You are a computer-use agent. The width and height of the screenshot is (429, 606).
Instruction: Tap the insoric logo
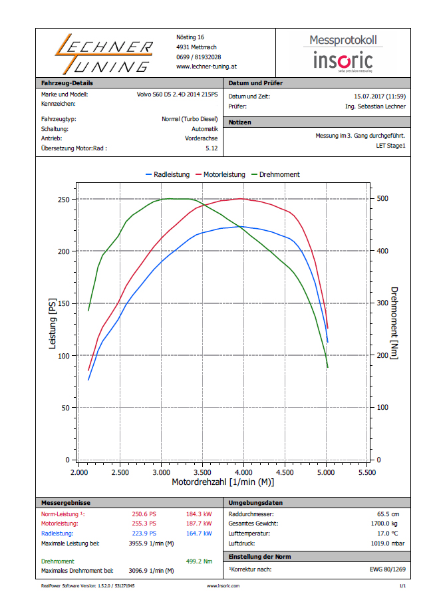(343, 61)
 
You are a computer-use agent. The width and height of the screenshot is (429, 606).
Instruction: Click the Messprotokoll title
(343, 40)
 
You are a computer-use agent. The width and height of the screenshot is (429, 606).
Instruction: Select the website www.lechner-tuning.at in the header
(207, 67)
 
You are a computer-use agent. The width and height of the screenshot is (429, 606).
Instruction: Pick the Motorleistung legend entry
(220, 174)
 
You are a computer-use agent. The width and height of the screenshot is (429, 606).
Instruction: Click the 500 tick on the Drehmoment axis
(383, 199)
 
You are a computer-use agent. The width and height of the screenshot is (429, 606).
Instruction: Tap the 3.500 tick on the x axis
(203, 472)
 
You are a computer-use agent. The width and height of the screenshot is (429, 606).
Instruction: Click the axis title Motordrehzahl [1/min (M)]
(223, 482)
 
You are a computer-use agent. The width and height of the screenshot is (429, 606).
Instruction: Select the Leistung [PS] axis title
(53, 325)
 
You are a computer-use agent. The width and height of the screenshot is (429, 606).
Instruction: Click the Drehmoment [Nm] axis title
(394, 323)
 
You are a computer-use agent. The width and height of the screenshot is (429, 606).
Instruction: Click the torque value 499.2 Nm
(199, 561)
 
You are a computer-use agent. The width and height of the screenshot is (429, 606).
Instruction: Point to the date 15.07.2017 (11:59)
(379, 96)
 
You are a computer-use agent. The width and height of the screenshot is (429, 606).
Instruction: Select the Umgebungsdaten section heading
(255, 503)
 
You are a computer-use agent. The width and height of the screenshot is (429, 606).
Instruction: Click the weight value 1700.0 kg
(388, 524)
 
